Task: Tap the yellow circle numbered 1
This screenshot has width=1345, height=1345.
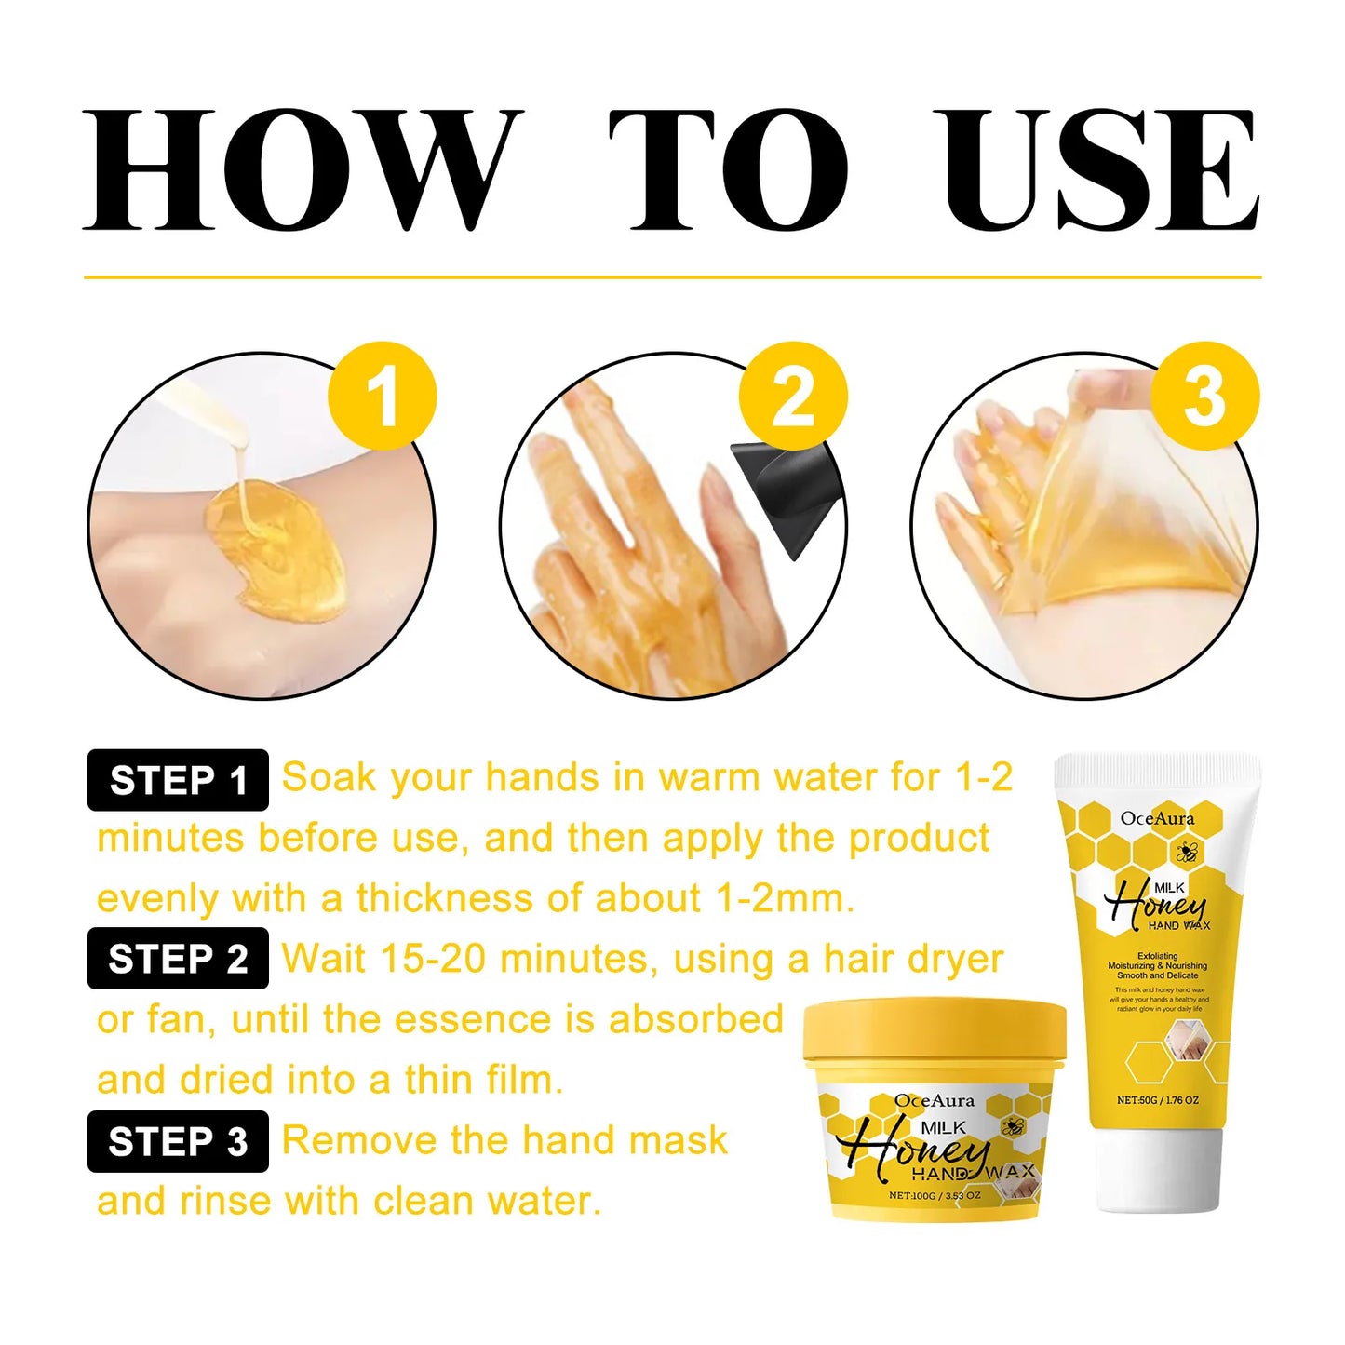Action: click(x=382, y=397)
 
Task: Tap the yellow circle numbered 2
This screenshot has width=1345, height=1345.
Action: click(x=793, y=397)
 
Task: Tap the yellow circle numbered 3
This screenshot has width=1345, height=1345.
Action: click(x=1204, y=397)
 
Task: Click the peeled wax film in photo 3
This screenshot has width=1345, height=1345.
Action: click(x=1117, y=521)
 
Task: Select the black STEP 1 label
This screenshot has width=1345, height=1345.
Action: click(x=178, y=780)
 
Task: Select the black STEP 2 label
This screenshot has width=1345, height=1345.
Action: click(x=178, y=959)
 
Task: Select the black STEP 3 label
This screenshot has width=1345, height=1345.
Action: click(x=178, y=1141)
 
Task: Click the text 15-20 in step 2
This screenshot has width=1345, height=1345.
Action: click(x=432, y=959)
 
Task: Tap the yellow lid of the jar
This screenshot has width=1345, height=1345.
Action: click(x=935, y=1033)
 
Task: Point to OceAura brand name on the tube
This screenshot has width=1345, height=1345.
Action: click(x=1157, y=818)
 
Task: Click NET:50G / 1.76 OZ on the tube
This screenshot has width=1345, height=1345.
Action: click(x=1158, y=1099)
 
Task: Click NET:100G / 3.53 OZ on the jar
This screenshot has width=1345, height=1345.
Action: click(x=935, y=1195)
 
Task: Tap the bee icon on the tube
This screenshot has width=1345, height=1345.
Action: click(x=1186, y=851)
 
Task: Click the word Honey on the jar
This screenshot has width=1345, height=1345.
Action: click(x=917, y=1150)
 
